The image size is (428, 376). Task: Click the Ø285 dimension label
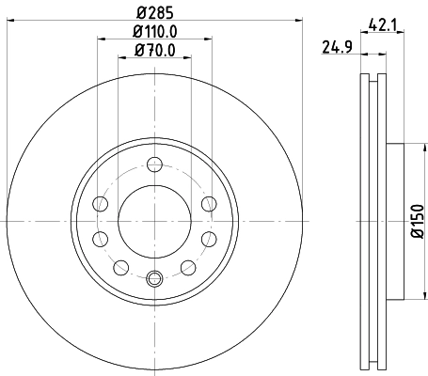[x=155, y=12]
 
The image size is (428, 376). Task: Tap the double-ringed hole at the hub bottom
[x=155, y=277]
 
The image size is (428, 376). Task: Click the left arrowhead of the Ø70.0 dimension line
[x=119, y=58]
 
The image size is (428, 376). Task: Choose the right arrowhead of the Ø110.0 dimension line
[x=209, y=39]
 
